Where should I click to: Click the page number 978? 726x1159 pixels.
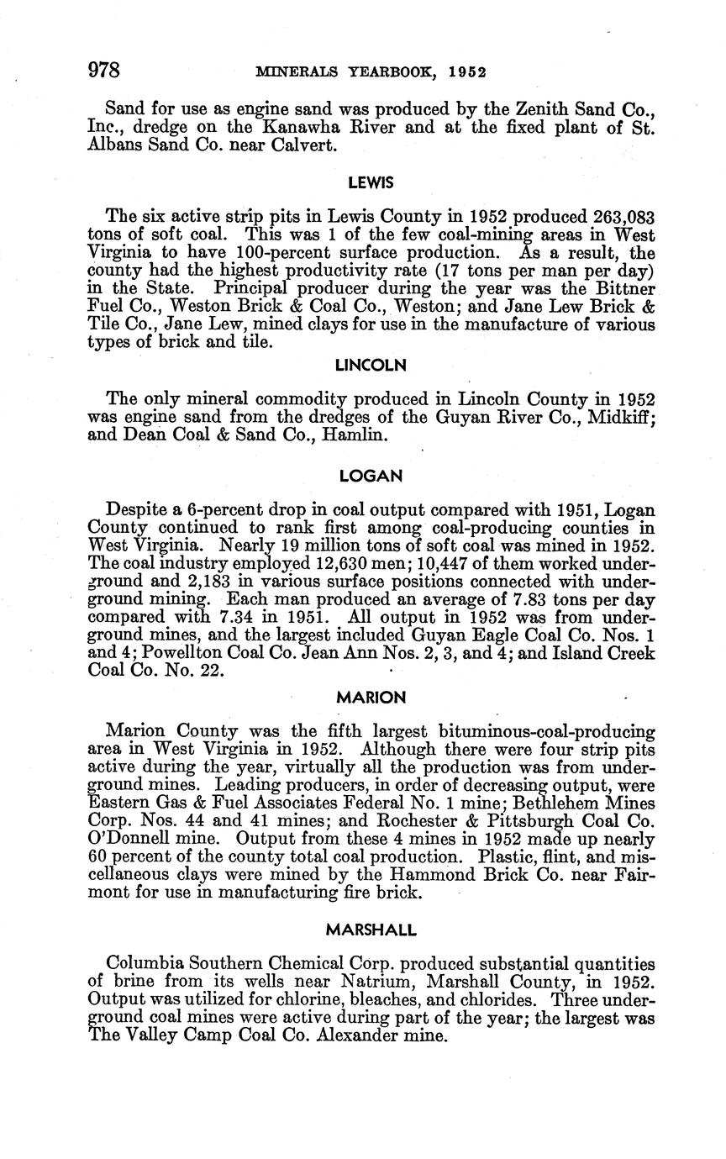[105, 70]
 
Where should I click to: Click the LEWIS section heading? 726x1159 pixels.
[371, 182]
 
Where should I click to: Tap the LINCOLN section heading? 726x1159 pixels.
[371, 365]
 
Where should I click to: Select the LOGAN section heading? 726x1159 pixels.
[371, 476]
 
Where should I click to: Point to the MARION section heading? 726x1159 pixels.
[371, 697]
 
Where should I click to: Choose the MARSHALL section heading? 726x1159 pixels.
[371, 930]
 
